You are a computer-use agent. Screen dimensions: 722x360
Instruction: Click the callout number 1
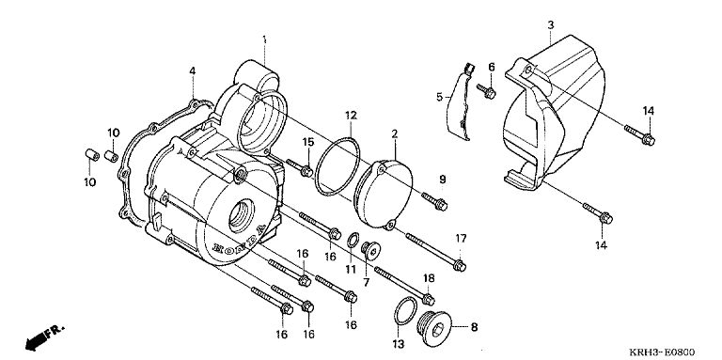264,39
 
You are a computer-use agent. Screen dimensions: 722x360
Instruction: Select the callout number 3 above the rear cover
551,25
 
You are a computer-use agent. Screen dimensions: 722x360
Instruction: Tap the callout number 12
351,115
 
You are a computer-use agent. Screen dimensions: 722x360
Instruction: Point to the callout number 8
474,327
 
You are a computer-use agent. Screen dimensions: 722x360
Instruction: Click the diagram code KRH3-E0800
662,352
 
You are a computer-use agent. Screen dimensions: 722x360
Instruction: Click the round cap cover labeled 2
384,194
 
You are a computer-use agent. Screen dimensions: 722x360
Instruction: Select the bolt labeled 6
486,90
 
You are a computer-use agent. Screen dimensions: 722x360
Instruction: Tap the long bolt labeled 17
435,251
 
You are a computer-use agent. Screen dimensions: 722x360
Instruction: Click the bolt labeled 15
300,167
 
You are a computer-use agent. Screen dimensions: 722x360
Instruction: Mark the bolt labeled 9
434,202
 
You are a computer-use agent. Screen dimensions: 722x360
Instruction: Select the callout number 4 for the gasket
193,70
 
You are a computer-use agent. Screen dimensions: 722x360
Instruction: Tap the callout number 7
367,282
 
